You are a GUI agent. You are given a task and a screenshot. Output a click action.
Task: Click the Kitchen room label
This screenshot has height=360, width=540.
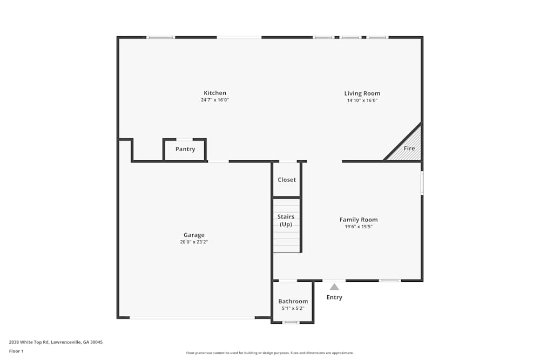[x=215, y=93]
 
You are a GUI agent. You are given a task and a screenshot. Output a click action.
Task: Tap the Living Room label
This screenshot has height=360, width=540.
[x=362, y=93]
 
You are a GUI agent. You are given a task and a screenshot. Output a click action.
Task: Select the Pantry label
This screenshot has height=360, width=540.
[x=185, y=149]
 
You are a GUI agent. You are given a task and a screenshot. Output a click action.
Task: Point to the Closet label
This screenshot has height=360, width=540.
[x=287, y=180]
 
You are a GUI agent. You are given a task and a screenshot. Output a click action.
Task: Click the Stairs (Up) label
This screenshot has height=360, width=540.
[x=286, y=220]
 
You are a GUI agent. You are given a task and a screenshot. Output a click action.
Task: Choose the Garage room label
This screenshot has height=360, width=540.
[x=194, y=235]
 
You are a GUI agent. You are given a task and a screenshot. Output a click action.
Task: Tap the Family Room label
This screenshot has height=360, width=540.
[x=359, y=220]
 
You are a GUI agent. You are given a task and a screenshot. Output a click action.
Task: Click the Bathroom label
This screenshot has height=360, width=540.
[x=293, y=301]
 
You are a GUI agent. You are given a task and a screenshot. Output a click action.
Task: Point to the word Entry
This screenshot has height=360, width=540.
[x=334, y=297]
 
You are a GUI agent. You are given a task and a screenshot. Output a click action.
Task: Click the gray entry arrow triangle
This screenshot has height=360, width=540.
[x=334, y=287]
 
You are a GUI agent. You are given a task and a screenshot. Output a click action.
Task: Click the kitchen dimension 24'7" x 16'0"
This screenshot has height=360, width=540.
[x=215, y=100]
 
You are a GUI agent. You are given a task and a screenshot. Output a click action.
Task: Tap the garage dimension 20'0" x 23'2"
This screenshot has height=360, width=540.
[x=194, y=242]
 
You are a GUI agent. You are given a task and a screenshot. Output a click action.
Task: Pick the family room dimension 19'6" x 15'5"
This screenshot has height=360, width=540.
[x=359, y=227]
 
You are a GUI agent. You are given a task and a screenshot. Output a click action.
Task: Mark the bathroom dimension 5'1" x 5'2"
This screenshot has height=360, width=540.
[x=293, y=308]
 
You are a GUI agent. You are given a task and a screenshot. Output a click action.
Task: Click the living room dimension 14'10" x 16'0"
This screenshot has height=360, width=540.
[x=362, y=100]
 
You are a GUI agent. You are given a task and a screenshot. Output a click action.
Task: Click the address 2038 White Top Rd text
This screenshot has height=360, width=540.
[x=56, y=342]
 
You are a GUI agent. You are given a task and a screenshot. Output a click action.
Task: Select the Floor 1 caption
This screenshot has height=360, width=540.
[x=16, y=351]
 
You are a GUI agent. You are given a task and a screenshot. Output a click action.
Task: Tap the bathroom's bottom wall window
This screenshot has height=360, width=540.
[x=291, y=322]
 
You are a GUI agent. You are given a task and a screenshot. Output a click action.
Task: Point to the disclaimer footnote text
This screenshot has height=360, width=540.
[x=270, y=353]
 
